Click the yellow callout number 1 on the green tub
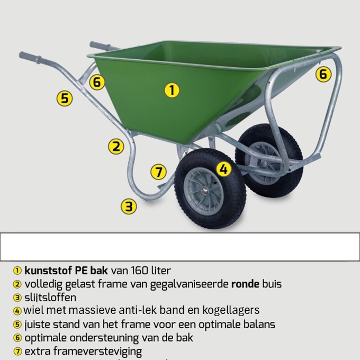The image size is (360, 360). [171, 90]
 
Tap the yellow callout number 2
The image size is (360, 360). [116, 146]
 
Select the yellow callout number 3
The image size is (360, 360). [129, 206]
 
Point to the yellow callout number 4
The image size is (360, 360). [224, 169]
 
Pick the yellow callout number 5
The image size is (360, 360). [65, 98]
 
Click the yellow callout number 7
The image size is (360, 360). [158, 172]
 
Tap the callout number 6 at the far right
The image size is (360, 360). [323, 74]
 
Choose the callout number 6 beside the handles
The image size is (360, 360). [96, 83]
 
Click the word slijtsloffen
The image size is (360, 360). [50, 297]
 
